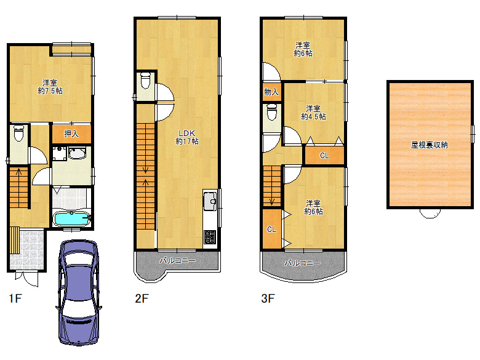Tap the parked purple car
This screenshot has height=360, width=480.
click(x=79, y=292)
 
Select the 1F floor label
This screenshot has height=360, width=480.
click(x=15, y=298)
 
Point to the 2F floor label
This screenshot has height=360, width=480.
click(x=142, y=298)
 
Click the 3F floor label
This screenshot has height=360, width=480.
click(x=268, y=298)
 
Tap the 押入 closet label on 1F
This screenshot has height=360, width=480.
click(x=71, y=134)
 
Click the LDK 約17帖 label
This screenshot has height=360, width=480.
click(x=187, y=137)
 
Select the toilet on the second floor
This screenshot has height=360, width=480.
click(x=145, y=79)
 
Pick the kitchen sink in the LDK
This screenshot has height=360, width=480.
click(x=210, y=201)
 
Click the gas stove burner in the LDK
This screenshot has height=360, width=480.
click(x=210, y=238)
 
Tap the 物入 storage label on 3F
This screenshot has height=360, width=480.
click(x=271, y=92)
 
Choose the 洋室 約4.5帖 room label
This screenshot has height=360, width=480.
click(x=313, y=113)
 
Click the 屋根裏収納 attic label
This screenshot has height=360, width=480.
click(x=429, y=145)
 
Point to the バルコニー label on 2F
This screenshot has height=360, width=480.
click(x=177, y=260)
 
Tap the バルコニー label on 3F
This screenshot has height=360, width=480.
click(x=302, y=263)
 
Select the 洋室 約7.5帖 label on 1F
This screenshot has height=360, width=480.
click(x=50, y=87)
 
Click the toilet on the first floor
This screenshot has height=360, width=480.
click(x=19, y=133)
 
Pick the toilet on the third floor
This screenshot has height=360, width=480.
click(x=272, y=112)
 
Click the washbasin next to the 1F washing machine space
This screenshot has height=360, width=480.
click(x=77, y=153)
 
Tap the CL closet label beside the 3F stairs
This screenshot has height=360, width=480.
click(x=271, y=230)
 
